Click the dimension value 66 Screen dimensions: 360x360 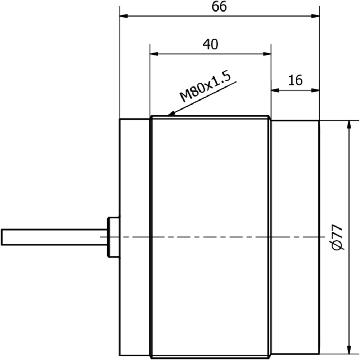click(x=219, y=7)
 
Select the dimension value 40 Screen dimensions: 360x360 click(x=210, y=44)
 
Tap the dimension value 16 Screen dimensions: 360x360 click(x=296, y=80)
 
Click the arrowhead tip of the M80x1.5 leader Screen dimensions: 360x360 click(x=168, y=116)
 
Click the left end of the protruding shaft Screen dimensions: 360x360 click(x=2, y=237)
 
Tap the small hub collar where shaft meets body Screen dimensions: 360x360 click(x=113, y=237)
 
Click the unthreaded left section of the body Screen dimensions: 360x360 click(x=134, y=180)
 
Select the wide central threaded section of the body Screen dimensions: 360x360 click(x=210, y=180)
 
